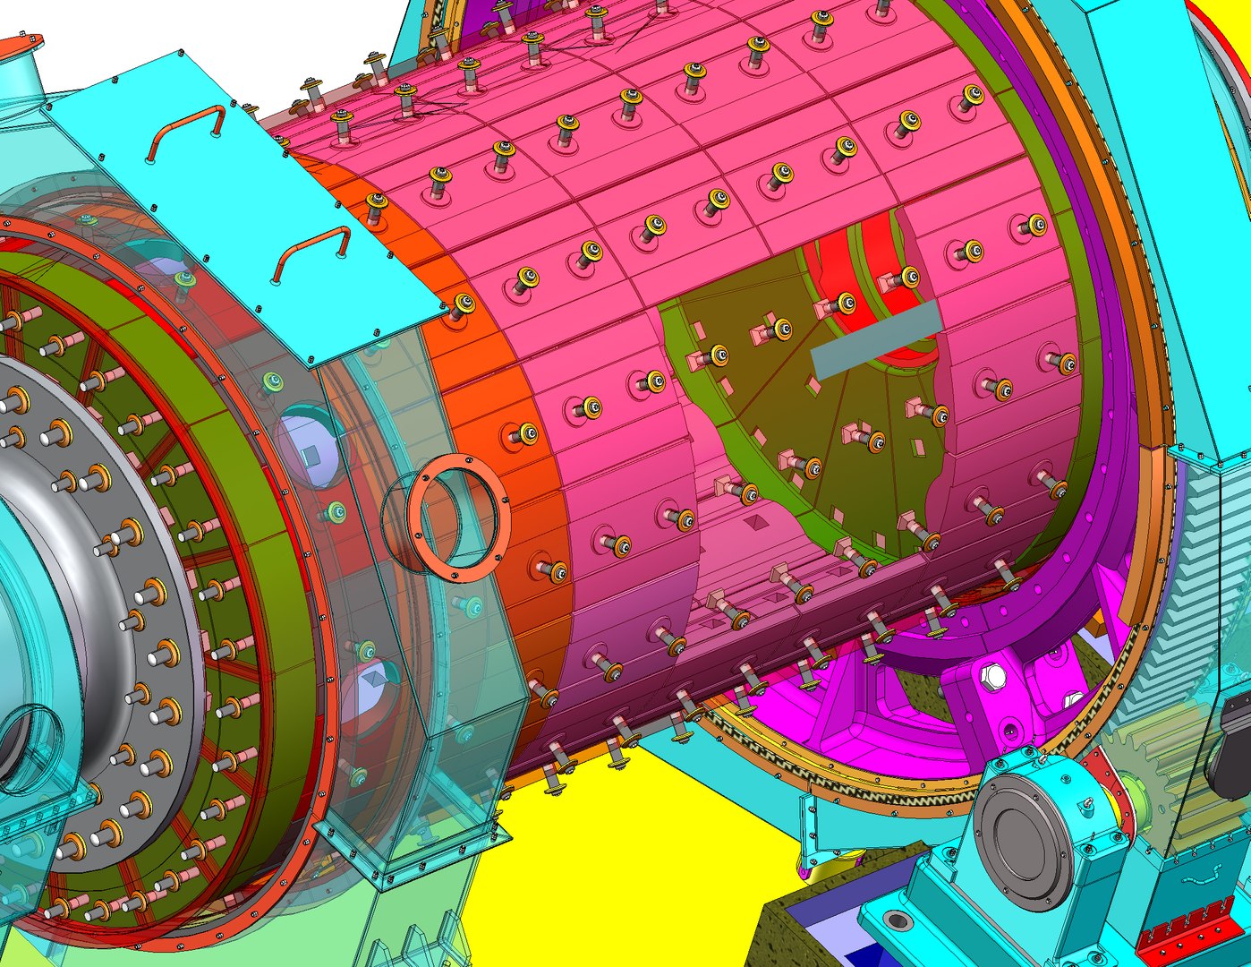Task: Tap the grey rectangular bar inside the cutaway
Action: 874,338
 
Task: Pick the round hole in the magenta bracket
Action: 1010,728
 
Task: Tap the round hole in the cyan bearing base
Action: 896,920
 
